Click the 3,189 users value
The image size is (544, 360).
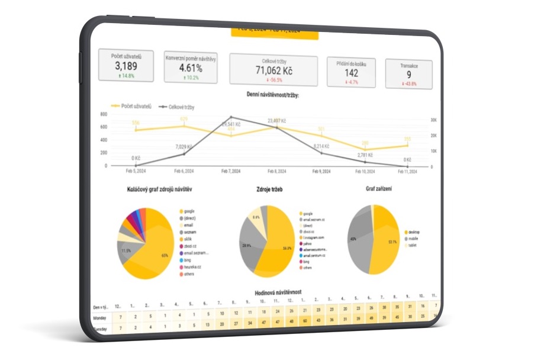[x=125, y=65]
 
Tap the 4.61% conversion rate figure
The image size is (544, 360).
[x=191, y=67]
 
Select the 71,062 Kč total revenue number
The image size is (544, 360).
[x=273, y=70]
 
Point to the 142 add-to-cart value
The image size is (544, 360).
[x=352, y=73]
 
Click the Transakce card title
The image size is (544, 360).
[x=408, y=66]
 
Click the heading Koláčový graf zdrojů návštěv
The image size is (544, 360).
[x=159, y=189]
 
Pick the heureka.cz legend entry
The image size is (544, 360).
[x=192, y=268]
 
